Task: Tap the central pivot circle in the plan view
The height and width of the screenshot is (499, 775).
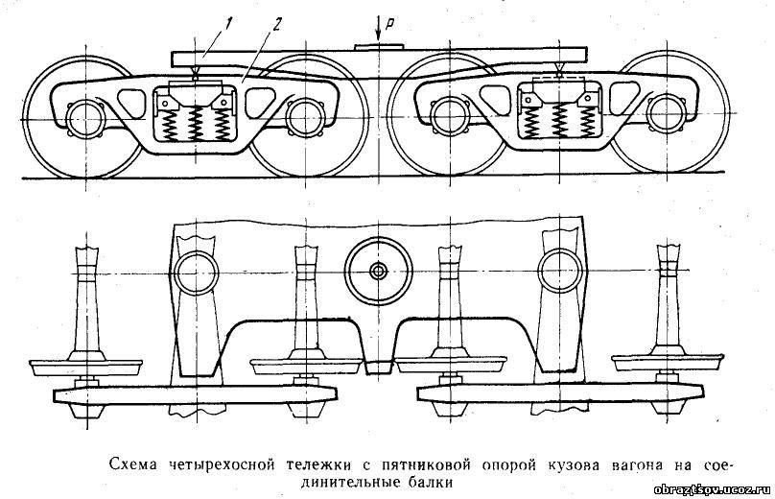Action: [379, 271]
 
